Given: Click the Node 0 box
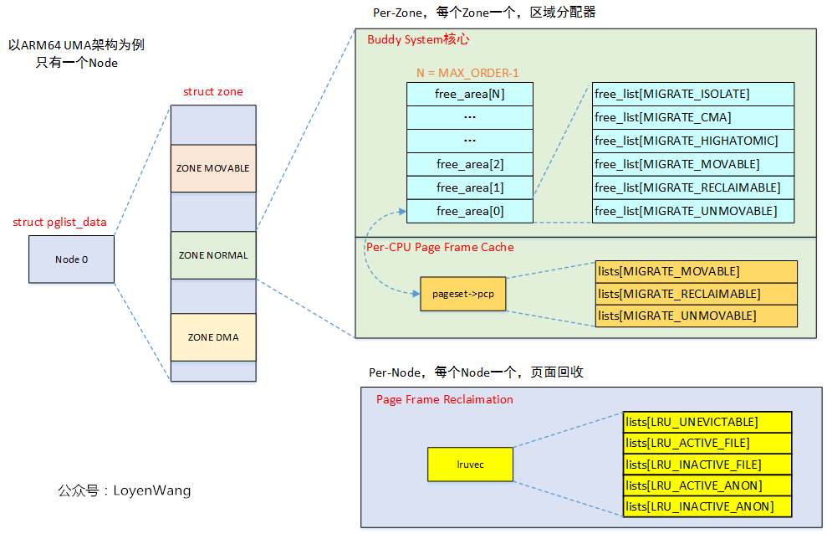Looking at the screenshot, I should (71, 259).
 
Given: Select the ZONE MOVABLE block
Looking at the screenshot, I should (212, 168).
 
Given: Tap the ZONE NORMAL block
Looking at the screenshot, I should (212, 255).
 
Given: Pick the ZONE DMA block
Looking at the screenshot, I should (212, 337).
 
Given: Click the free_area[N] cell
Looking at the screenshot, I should (469, 94).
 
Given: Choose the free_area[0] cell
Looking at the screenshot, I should (469, 211).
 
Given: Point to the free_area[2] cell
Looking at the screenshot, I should (469, 164).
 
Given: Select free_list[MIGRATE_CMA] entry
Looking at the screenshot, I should (692, 117).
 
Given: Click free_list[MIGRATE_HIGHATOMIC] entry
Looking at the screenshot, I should (692, 141).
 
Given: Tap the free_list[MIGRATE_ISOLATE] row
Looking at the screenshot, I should (692, 94).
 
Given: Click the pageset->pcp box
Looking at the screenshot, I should (463, 294).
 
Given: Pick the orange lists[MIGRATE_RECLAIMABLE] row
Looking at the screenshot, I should (696, 294).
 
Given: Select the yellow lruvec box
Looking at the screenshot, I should (470, 464).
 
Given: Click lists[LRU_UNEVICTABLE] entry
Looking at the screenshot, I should (707, 422).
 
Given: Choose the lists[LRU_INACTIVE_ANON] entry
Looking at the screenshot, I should (707, 506).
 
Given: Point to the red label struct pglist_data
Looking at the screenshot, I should (59, 223).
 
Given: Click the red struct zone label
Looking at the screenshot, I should (212, 92).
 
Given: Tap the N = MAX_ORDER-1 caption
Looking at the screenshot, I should (467, 73).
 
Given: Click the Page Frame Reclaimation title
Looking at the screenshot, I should (444, 399).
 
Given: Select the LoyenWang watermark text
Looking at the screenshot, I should (125, 490).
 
